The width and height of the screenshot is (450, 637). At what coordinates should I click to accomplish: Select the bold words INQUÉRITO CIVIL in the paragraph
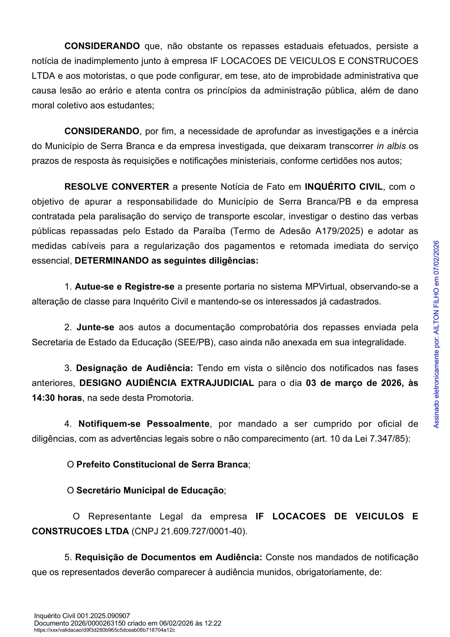344,187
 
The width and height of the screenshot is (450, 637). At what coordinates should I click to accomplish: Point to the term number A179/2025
339,231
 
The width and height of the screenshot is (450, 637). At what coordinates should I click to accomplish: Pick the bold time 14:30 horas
57,398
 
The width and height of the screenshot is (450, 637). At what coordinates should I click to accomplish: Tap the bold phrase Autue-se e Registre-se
125,287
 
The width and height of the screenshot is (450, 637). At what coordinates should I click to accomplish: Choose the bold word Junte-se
95,327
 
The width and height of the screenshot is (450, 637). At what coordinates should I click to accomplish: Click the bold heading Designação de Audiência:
134,368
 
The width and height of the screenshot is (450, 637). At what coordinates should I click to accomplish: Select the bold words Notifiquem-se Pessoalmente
144,424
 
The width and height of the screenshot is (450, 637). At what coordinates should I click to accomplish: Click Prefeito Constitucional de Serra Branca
162,464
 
